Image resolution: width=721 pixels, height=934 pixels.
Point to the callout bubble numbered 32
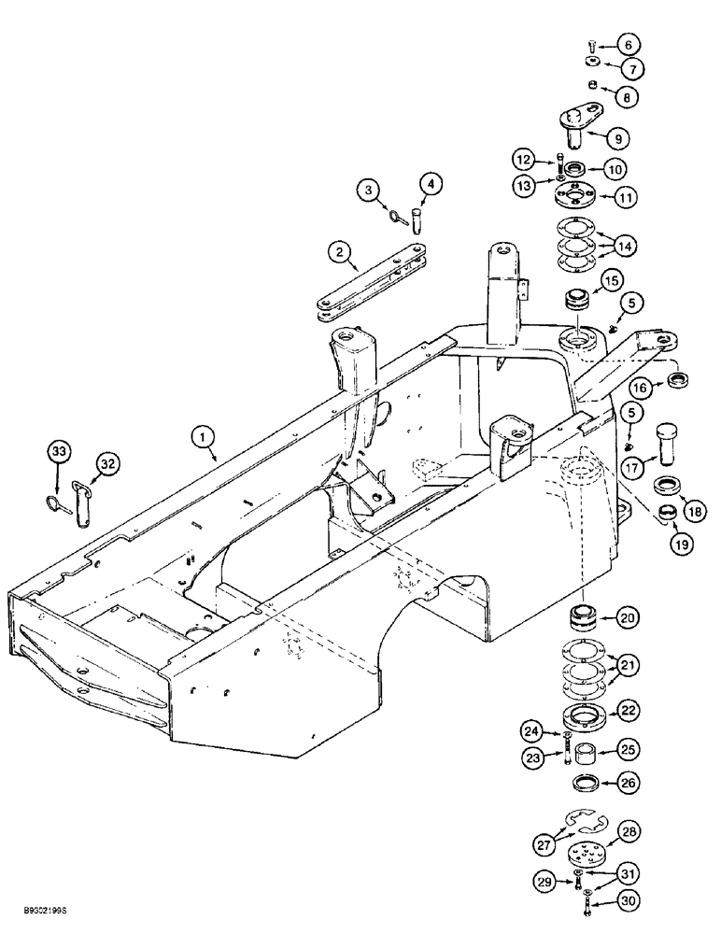[107, 462]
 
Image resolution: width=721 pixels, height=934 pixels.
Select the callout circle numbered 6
[626, 44]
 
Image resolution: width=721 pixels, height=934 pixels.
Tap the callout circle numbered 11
[625, 198]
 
